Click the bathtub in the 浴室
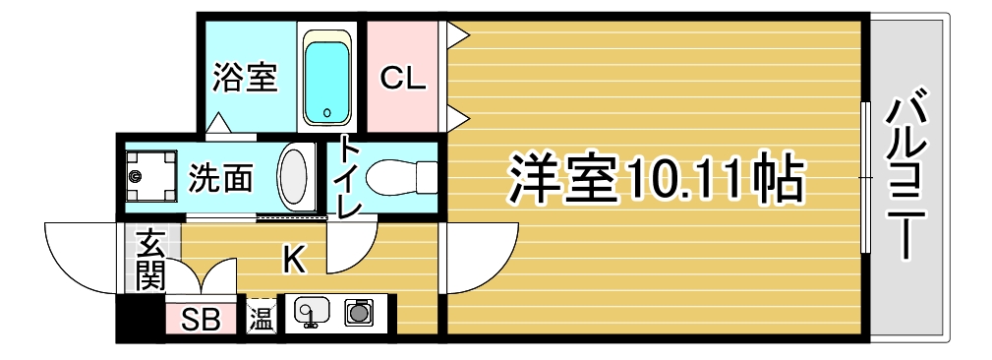(326, 77)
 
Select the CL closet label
(402, 78)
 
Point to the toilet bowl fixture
(401, 178)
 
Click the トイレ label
(350, 178)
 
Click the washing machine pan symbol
(151, 175)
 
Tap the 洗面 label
(221, 178)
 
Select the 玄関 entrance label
(150, 261)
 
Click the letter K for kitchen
(294, 259)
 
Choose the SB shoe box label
(202, 321)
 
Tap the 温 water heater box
(261, 315)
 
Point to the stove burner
(358, 313)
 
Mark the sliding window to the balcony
(865, 177)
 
